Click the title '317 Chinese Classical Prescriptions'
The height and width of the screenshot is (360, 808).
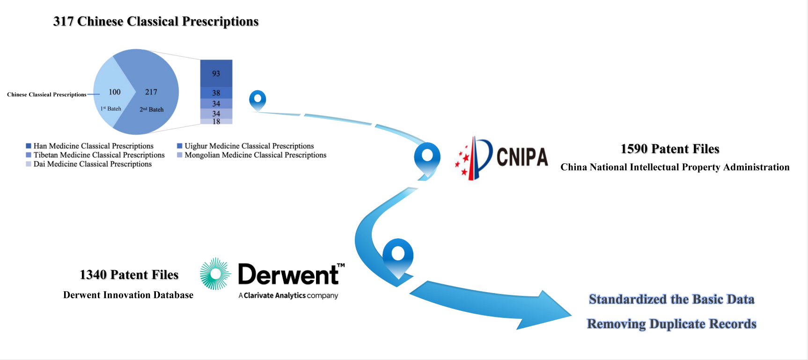(156, 22)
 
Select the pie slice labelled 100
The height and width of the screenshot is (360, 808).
(111, 94)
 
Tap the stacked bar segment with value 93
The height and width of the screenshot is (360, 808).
(216, 73)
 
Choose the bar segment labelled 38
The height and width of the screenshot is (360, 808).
(216, 93)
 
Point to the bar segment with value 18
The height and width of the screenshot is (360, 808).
(216, 121)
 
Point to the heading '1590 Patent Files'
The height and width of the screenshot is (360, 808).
(669, 149)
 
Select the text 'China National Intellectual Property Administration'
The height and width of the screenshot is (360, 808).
(675, 167)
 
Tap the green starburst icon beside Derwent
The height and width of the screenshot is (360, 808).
(215, 274)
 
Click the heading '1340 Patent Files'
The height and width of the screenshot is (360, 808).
(129, 275)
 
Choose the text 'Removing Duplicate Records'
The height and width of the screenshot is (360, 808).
(671, 324)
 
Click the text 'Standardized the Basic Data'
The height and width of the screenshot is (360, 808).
(671, 299)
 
